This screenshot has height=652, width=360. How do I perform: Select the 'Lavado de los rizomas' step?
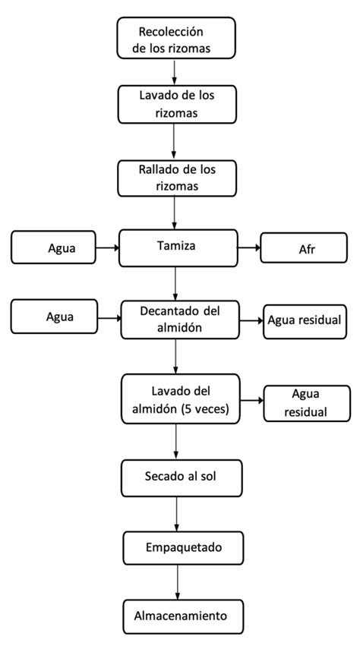pos(175,104)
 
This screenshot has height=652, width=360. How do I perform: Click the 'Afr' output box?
pos(304,248)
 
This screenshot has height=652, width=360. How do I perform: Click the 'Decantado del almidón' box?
pos(180,318)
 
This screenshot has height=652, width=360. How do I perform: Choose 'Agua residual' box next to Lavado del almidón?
pos(305,402)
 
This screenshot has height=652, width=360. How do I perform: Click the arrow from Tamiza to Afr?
pos(249,247)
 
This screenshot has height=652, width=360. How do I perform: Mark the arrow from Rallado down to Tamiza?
pos(175,213)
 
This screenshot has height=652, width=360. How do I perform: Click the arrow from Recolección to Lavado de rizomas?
pos(175,72)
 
